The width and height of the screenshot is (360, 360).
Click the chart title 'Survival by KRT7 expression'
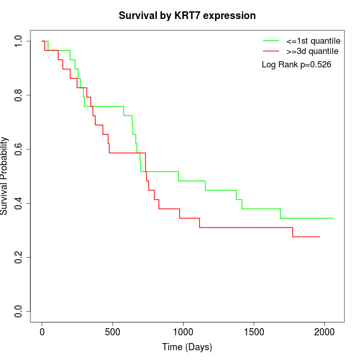pyautogui.click(x=187, y=15)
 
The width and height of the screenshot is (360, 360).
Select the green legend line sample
pyautogui.click(x=271, y=40)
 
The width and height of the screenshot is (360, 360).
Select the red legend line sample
pyautogui.click(x=271, y=51)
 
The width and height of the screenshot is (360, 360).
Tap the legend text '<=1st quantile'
pyautogui.click(x=313, y=40)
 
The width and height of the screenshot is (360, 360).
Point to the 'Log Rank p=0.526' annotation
pyautogui.click(x=296, y=65)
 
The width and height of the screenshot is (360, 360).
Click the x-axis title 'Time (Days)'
pyautogui.click(x=187, y=347)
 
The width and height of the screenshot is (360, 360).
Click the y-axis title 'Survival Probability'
pyautogui.click(x=5, y=175)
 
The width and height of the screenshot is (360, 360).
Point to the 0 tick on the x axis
pyautogui.click(x=42, y=332)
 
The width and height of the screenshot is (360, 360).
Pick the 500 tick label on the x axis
pyautogui.click(x=113, y=332)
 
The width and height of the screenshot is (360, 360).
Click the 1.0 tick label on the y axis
pyautogui.click(x=19, y=41)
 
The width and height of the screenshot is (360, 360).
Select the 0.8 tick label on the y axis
pyautogui.click(x=19, y=95)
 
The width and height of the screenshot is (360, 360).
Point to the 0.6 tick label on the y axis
pyautogui.click(x=19, y=149)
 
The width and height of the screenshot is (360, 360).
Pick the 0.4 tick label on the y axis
pyautogui.click(x=19, y=203)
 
